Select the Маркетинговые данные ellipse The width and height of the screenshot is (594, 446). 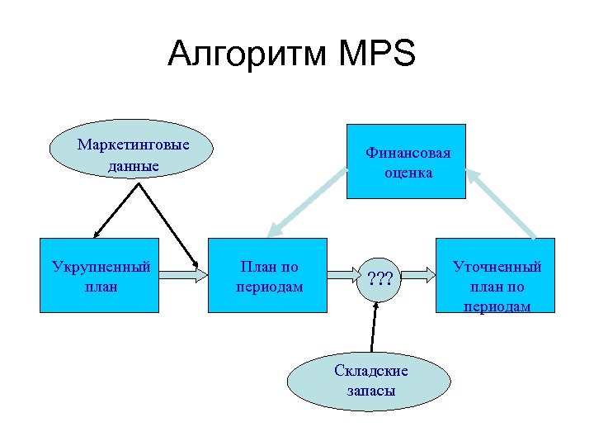click(x=133, y=154)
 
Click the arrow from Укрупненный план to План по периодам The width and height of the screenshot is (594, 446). click(x=182, y=276)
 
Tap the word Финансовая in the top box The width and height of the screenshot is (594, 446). click(x=409, y=154)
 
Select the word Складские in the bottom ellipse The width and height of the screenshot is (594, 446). click(x=371, y=371)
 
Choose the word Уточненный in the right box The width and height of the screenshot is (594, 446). click(x=497, y=267)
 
